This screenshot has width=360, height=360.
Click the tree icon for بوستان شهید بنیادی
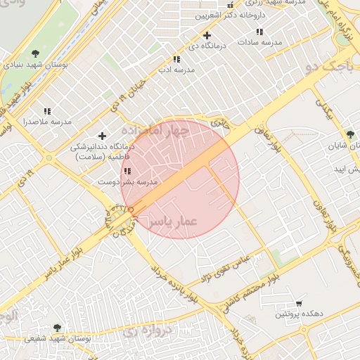35,54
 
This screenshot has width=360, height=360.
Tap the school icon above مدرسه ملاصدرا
47,111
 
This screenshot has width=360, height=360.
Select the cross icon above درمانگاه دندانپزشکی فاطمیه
103,136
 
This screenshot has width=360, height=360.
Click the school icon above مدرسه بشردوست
127,172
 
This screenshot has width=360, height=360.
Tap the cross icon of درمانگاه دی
206,35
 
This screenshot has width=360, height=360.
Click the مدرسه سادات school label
259,42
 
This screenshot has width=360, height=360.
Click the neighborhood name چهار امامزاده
155,131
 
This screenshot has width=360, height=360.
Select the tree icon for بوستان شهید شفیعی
57,328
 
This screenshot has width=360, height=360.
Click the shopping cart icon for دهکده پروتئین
300,303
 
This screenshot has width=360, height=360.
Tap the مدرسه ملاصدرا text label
47,122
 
